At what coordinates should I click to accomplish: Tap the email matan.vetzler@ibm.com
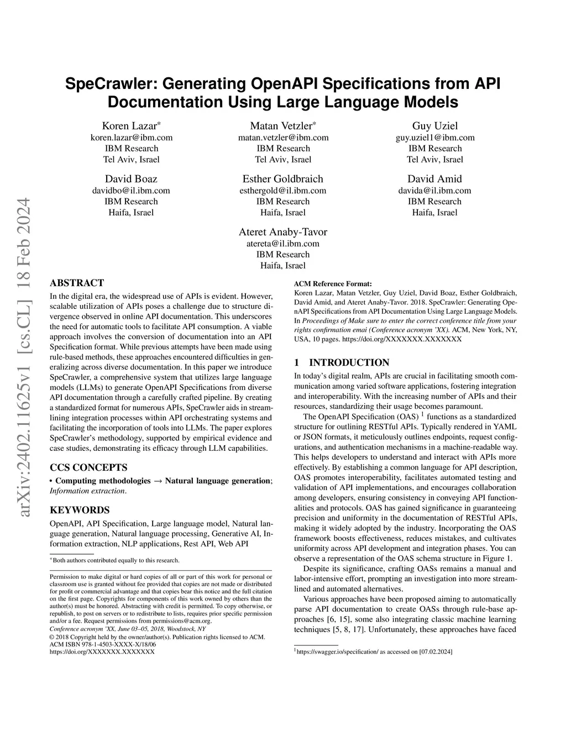tap(283, 138)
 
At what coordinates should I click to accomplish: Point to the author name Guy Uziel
tap(434, 125)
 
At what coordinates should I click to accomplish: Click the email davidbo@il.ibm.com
tap(131, 191)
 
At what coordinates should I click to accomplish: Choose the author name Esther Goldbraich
tap(283, 179)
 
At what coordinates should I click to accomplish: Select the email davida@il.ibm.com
tap(434, 191)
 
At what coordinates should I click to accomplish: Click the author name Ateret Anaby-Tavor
tap(283, 232)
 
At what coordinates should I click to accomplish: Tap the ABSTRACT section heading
tap(77, 283)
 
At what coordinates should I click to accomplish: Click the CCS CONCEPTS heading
tap(88, 467)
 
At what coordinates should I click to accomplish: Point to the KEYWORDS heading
tap(80, 510)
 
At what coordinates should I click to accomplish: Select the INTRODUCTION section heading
tap(349, 362)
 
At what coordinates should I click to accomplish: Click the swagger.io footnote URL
tap(337, 652)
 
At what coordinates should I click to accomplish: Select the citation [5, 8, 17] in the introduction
tap(345, 629)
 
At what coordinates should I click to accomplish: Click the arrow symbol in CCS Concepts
tap(158, 481)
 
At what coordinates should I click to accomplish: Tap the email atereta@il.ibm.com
tap(283, 244)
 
